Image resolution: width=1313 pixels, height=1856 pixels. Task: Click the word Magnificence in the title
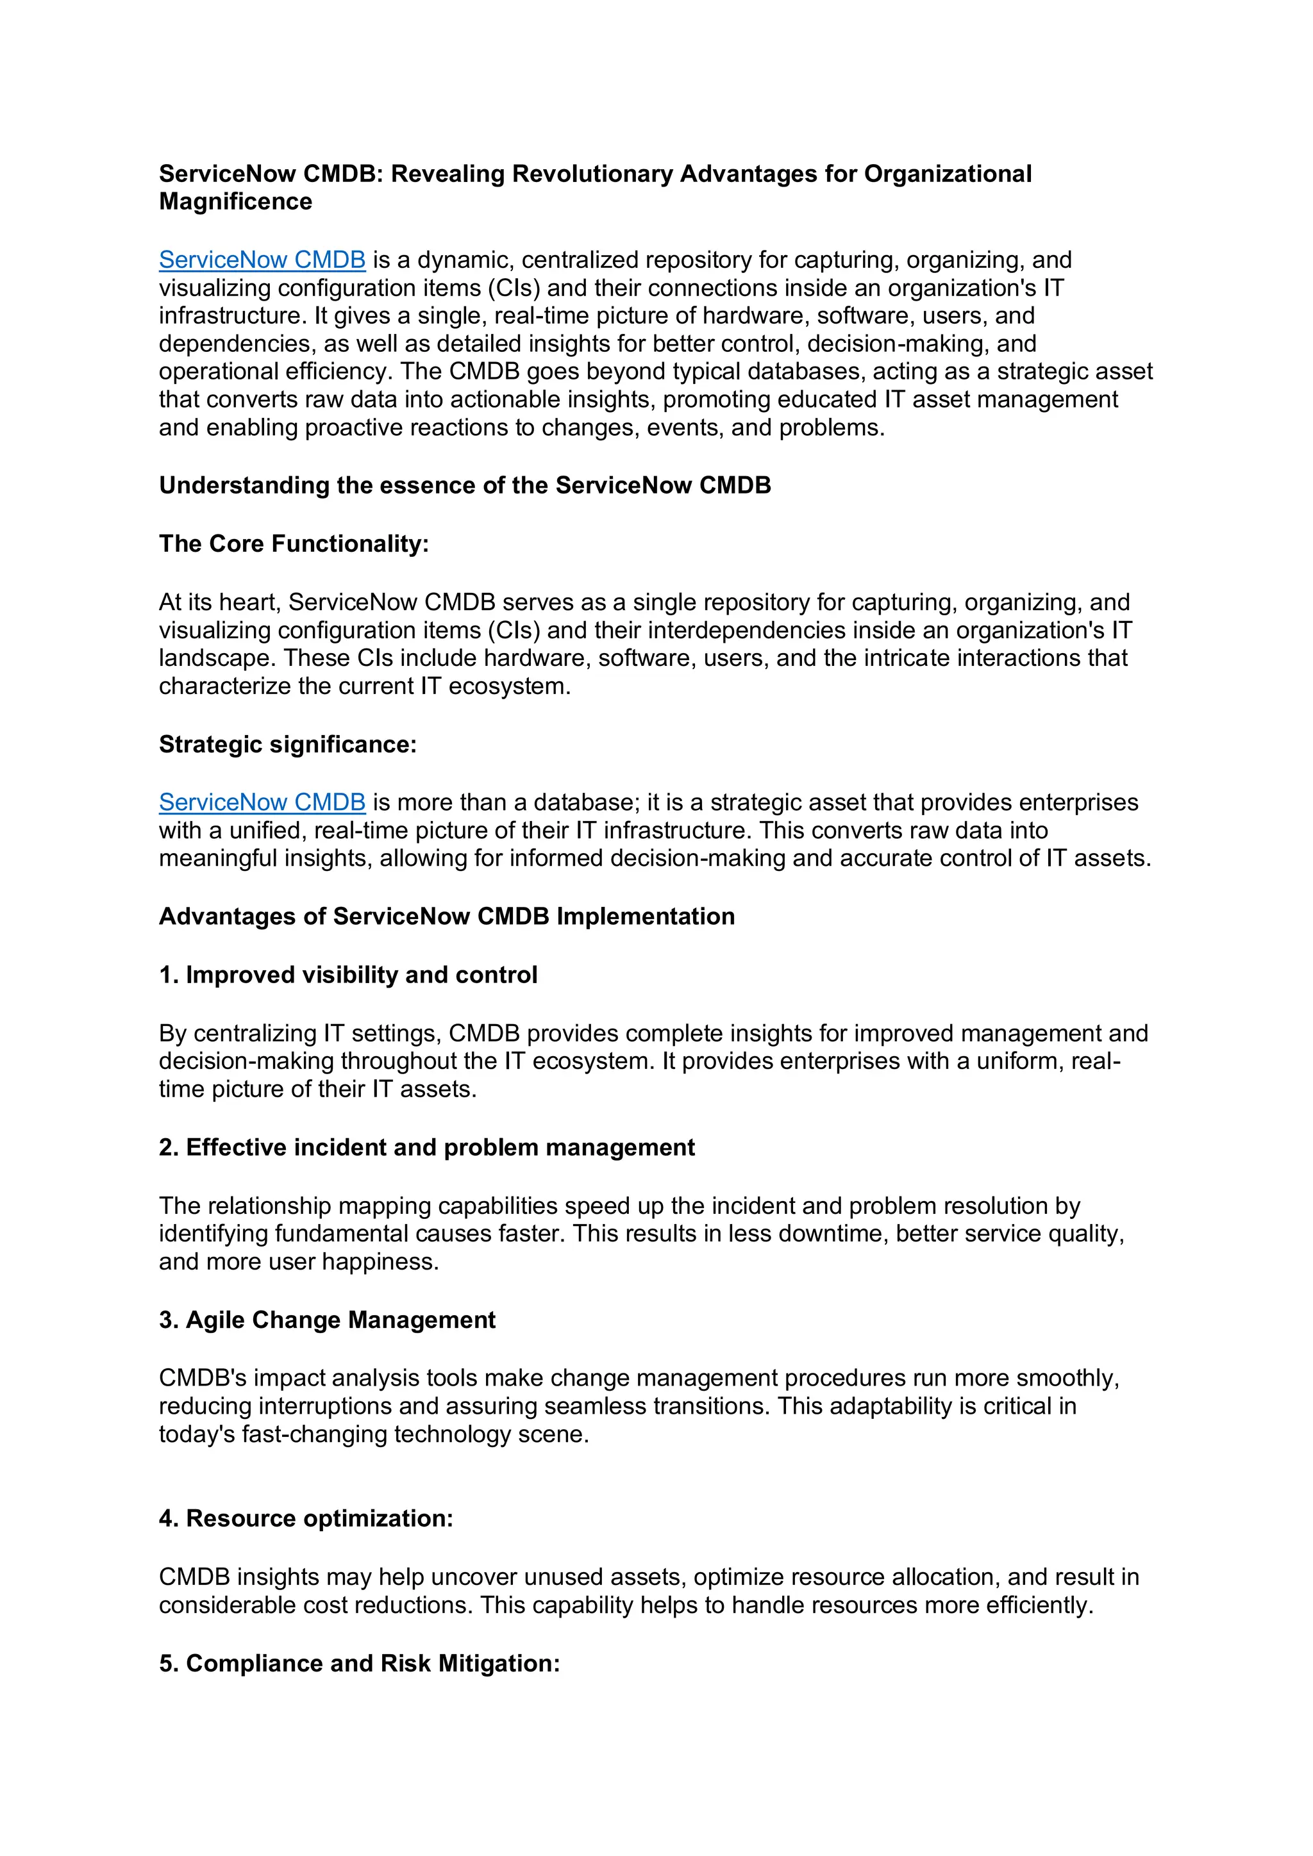coord(235,202)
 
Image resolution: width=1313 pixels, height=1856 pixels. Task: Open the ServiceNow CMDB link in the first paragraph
coord(262,260)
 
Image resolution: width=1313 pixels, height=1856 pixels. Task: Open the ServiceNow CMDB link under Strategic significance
coord(262,802)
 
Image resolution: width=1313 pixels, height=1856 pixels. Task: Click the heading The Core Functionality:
coord(294,544)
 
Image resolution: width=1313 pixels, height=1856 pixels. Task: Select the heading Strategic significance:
coord(288,745)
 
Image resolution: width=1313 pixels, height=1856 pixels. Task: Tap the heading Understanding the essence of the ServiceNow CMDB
coord(465,486)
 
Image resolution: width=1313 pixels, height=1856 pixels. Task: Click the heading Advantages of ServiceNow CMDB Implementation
coord(447,916)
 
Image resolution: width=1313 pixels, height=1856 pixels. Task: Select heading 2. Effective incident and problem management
coord(427,1148)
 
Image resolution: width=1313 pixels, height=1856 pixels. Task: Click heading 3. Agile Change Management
coord(328,1320)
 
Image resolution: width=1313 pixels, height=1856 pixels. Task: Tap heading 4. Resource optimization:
coord(306,1519)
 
